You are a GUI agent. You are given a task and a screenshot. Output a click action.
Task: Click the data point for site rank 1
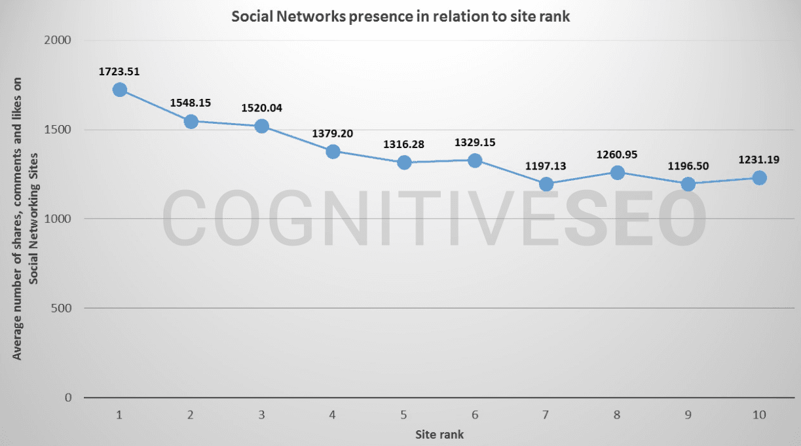point(120,90)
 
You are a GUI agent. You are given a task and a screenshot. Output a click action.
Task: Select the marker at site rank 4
point(333,151)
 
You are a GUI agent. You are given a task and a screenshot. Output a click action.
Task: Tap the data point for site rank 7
point(546,184)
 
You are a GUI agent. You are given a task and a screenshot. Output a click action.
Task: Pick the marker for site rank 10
point(759,177)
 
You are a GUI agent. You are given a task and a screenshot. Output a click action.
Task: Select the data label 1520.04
point(261,108)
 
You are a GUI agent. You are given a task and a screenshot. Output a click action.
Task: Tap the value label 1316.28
point(403,143)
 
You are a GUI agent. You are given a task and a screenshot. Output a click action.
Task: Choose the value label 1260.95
point(616,155)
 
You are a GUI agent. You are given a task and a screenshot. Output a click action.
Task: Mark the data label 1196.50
point(688,166)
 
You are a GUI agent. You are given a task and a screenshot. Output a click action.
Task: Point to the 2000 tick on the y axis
point(60,40)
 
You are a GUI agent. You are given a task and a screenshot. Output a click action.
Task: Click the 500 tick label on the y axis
point(63,308)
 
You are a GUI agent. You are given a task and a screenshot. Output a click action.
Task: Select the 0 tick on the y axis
point(68,398)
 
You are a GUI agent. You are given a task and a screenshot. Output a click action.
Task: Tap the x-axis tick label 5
point(404,415)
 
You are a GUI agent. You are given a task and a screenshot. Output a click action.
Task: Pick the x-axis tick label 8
point(617,415)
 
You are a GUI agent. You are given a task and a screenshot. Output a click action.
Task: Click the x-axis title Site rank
point(439,434)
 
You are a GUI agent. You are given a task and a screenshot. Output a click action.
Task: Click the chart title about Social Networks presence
point(401,17)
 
